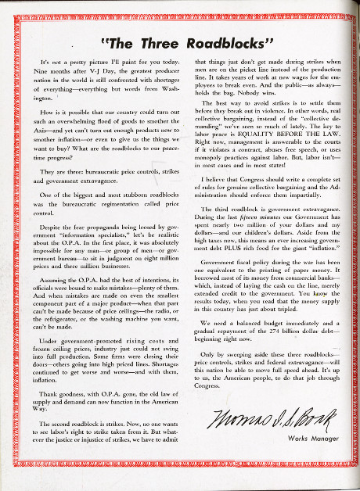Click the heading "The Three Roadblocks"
click(x=179, y=41)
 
